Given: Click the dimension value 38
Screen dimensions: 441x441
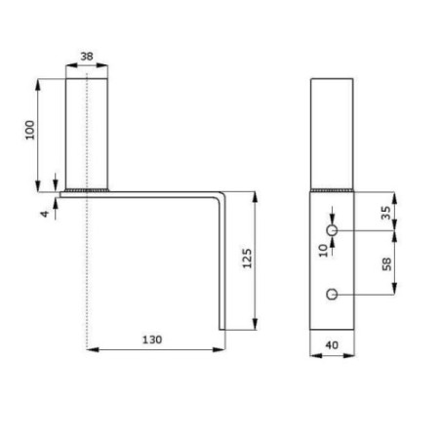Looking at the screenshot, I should (x=86, y=57).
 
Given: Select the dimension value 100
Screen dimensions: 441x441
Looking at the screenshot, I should (x=30, y=130).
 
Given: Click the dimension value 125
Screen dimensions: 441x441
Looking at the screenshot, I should (x=247, y=260).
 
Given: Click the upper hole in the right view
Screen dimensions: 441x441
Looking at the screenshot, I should (x=332, y=229).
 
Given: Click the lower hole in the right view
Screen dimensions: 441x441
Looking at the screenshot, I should (x=332, y=294).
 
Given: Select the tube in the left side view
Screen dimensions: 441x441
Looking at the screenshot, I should (x=86, y=132).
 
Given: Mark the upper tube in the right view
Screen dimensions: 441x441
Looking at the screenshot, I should (x=332, y=132).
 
